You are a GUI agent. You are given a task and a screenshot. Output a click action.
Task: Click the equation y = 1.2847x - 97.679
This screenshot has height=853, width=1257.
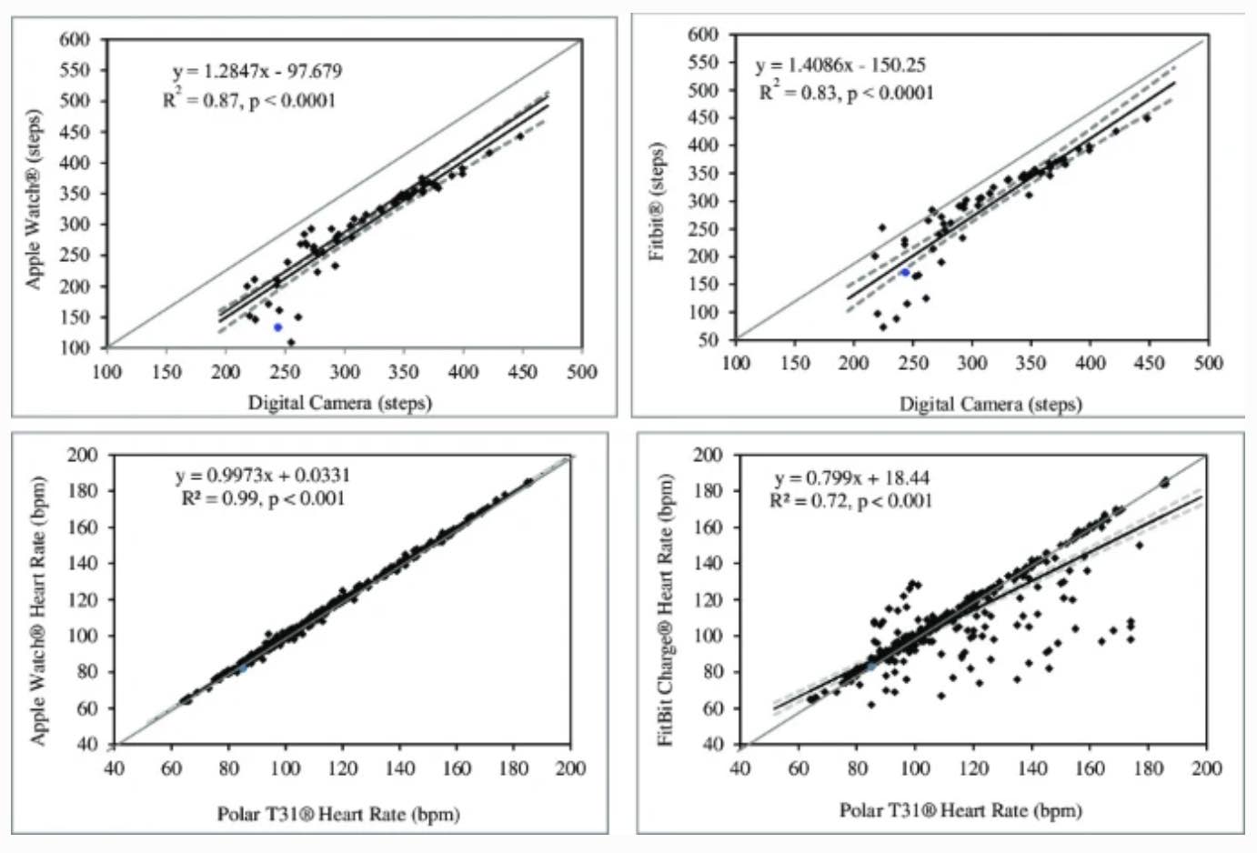[257, 71]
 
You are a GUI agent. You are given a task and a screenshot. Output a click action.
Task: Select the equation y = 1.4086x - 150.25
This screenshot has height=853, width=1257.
[841, 65]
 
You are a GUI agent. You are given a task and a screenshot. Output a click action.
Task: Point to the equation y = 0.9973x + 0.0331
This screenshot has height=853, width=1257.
[263, 476]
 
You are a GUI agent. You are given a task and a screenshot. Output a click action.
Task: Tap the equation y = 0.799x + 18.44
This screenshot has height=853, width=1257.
[852, 478]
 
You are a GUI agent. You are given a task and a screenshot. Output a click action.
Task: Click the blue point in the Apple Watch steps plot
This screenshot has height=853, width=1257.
[277, 327]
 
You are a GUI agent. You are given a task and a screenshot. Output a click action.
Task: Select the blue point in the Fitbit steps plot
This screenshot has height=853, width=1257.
[905, 273]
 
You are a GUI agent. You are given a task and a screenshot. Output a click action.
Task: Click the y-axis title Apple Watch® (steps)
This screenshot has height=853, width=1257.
[34, 200]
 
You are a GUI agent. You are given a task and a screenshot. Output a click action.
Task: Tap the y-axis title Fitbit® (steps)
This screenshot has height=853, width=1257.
[657, 201]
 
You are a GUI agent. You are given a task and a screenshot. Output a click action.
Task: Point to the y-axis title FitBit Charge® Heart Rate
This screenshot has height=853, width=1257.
[665, 610]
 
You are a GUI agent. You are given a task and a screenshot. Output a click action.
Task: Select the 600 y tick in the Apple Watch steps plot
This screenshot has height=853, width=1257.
[75, 40]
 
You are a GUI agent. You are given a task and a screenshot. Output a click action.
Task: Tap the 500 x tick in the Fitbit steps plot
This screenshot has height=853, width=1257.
[1208, 364]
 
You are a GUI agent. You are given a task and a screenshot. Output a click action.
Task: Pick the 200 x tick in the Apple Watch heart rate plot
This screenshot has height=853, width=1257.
[570, 769]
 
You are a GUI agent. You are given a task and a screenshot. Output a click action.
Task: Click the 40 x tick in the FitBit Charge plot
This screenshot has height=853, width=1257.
[740, 769]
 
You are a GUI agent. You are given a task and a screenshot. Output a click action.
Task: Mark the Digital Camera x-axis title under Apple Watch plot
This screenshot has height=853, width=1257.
[340, 402]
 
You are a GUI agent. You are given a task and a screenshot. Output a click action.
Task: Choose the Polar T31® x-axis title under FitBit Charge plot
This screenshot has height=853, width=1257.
[960, 810]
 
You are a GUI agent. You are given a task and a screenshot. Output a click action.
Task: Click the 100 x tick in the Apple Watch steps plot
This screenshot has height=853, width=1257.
[107, 372]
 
